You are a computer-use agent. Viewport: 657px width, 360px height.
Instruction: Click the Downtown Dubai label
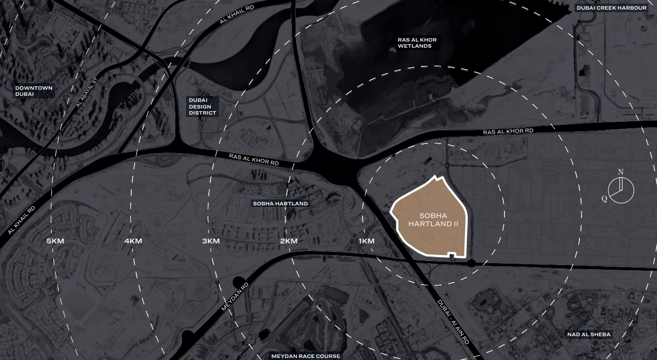[x=34, y=91]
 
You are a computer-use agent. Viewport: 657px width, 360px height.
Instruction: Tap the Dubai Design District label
[x=202, y=106]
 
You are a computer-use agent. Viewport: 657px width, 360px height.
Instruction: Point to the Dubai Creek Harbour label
[x=611, y=8]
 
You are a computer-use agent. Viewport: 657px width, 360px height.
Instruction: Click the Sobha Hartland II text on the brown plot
[x=429, y=220]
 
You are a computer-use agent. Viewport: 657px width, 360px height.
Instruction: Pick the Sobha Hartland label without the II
[x=280, y=203]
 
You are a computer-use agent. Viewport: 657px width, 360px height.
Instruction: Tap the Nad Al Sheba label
[x=589, y=334]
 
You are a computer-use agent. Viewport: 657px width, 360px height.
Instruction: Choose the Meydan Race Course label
[x=306, y=356]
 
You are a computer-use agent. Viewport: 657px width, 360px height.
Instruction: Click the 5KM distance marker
[x=55, y=241]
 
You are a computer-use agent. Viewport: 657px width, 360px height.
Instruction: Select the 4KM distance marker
[x=133, y=241]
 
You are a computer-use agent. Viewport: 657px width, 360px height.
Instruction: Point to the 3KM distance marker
[x=211, y=241]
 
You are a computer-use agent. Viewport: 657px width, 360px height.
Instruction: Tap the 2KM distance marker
[x=288, y=241]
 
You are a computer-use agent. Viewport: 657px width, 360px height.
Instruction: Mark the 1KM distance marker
[x=366, y=241]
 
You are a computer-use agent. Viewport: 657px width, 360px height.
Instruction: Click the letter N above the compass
[x=620, y=172]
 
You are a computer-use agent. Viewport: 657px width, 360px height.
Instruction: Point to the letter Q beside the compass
[x=604, y=199]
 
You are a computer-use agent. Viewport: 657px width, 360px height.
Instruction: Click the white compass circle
[x=622, y=191]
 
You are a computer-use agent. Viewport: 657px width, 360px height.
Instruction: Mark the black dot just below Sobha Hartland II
[x=471, y=263]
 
